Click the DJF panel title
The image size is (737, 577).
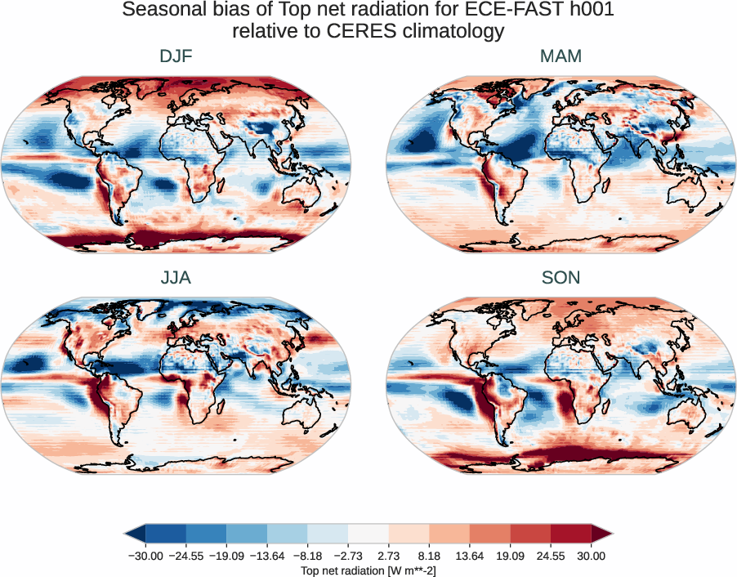click(176, 56)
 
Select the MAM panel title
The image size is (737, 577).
click(561, 56)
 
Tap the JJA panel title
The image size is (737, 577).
click(176, 278)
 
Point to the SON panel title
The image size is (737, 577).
click(561, 278)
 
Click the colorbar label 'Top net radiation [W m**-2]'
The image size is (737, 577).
click(368, 570)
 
